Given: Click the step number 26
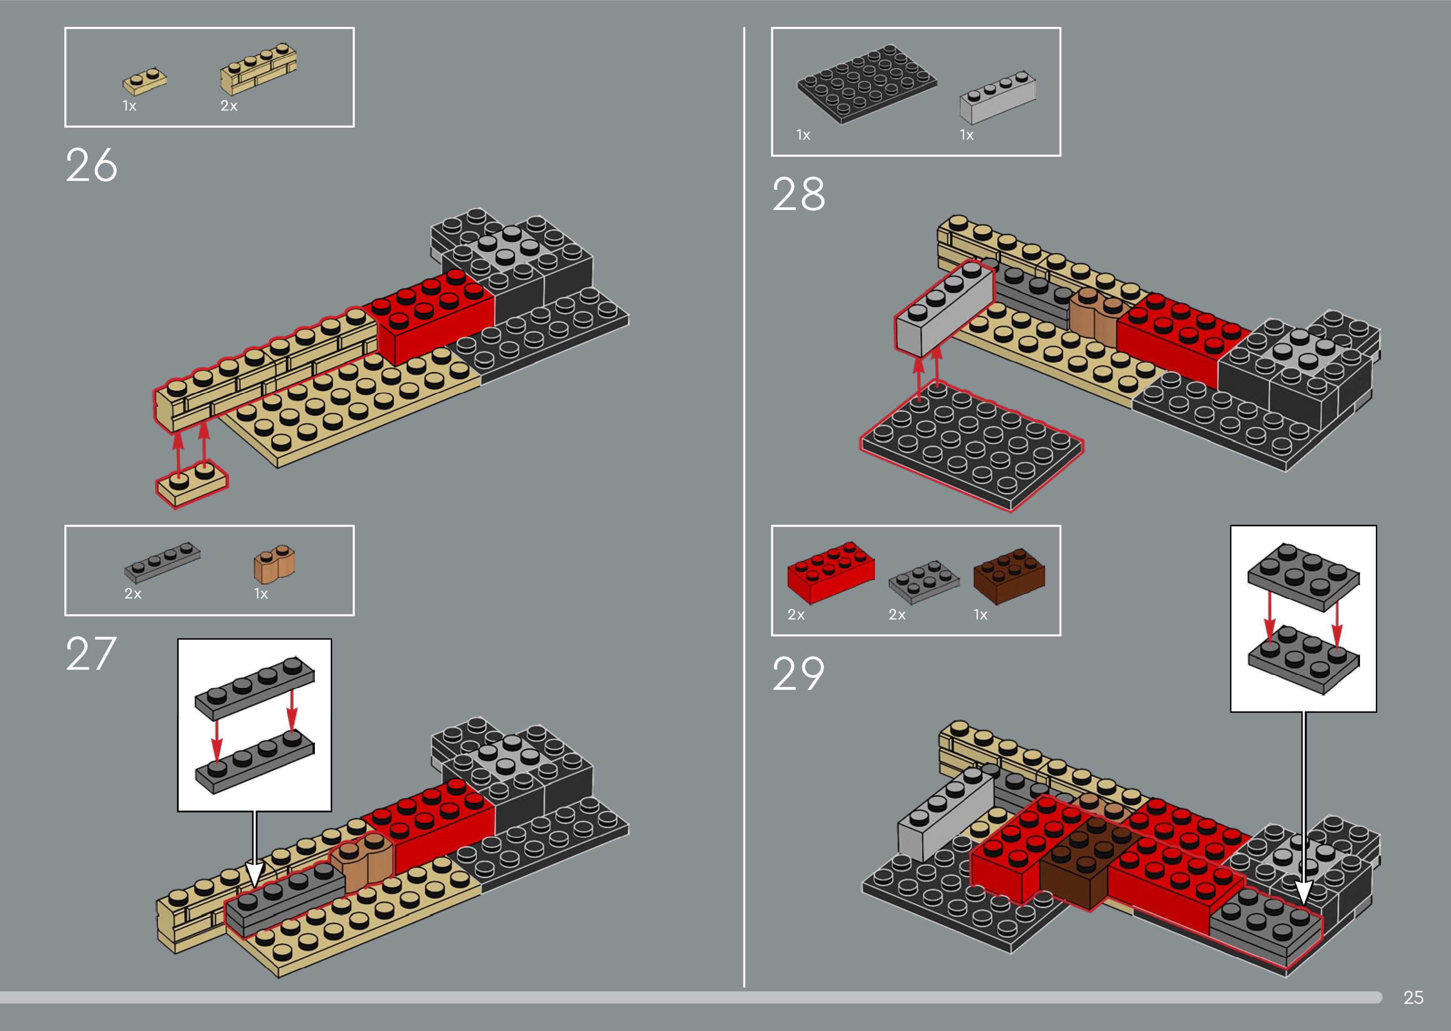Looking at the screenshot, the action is tap(91, 165).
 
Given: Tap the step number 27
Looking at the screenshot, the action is tap(91, 654).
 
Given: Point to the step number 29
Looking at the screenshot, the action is tap(799, 674).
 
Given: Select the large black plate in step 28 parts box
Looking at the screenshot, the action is tap(866, 83).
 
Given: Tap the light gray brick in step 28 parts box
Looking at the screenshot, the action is tap(997, 98).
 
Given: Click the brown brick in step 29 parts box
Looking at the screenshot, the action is tap(1009, 575).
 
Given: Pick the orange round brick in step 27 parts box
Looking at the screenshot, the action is tap(274, 564).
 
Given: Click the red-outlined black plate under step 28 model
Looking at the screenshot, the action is tap(972, 445).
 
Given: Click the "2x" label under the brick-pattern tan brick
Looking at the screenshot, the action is tap(229, 106).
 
